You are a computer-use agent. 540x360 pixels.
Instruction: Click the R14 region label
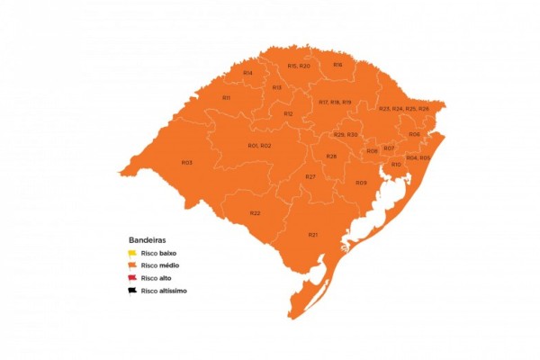click(247, 72)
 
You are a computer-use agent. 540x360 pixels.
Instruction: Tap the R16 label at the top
click(337, 65)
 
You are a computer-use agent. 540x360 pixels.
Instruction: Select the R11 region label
click(226, 97)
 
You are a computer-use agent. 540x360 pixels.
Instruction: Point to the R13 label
click(276, 87)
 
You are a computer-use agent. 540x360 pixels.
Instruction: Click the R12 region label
click(288, 114)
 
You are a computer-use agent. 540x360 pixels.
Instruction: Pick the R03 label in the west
click(186, 163)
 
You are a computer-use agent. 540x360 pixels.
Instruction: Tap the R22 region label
click(255, 213)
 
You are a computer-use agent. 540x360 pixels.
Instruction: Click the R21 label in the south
click(312, 234)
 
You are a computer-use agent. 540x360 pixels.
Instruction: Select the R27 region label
click(310, 176)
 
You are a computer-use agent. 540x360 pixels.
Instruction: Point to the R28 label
click(331, 157)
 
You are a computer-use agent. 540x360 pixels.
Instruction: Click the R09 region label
click(361, 183)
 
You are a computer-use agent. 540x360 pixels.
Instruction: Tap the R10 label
click(396, 165)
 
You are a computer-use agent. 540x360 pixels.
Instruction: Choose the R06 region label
click(414, 134)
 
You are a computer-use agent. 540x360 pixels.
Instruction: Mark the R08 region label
click(372, 151)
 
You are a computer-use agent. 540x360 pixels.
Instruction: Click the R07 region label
click(389, 148)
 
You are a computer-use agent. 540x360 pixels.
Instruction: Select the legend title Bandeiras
click(147, 241)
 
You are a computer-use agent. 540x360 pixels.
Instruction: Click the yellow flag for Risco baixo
click(132, 254)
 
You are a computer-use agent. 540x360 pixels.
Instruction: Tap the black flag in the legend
click(132, 291)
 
